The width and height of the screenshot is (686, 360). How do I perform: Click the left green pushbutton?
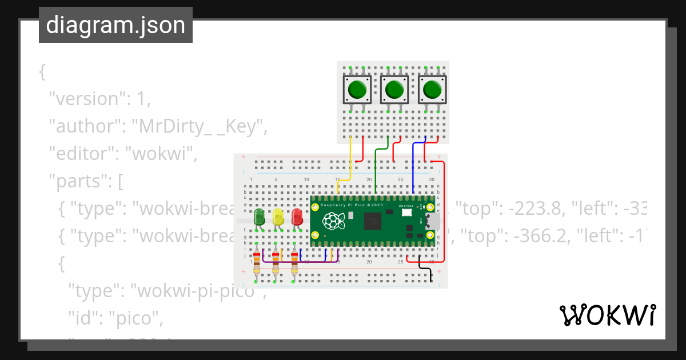tap(357, 89)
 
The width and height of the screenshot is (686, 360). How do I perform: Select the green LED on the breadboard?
tap(259, 217)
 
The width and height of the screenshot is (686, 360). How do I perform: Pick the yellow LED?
tap(278, 217)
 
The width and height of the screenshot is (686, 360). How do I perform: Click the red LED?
tap(297, 217)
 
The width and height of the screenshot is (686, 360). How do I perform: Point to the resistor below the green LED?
tap(257, 263)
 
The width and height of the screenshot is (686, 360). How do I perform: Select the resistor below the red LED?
tap(295, 263)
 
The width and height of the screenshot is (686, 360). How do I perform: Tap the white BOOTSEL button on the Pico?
tap(407, 213)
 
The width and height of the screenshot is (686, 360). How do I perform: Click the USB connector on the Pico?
tap(434, 221)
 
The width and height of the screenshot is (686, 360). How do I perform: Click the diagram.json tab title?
tap(115, 25)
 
